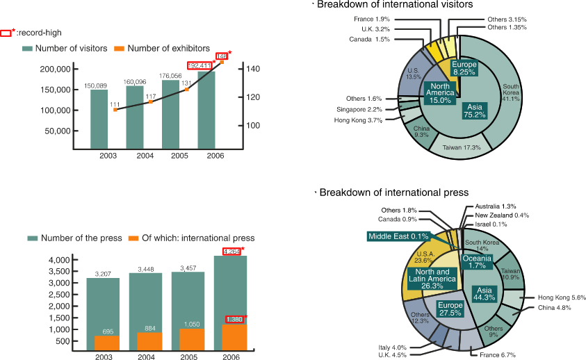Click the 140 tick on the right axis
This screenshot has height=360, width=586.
(252, 69)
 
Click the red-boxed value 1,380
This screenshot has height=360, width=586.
(235, 319)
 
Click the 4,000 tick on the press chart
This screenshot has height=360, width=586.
(58, 260)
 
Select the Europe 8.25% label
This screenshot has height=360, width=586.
(464, 67)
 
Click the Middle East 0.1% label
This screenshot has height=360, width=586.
(399, 236)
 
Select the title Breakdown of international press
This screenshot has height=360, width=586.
(393, 192)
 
